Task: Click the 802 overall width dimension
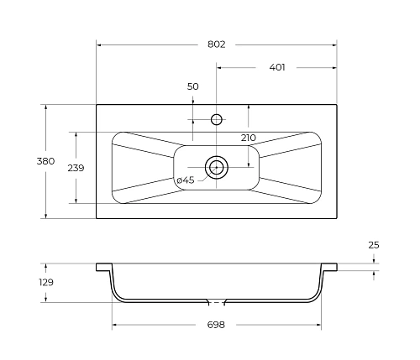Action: [217, 44]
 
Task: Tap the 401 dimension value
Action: [277, 67]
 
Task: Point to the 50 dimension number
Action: [193, 86]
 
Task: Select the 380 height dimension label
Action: [45, 161]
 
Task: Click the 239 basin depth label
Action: [76, 168]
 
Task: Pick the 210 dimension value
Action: [249, 138]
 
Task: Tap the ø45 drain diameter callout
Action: [186, 180]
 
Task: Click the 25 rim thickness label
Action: [374, 245]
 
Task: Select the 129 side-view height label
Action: [46, 282]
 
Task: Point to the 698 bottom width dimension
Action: [216, 325]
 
